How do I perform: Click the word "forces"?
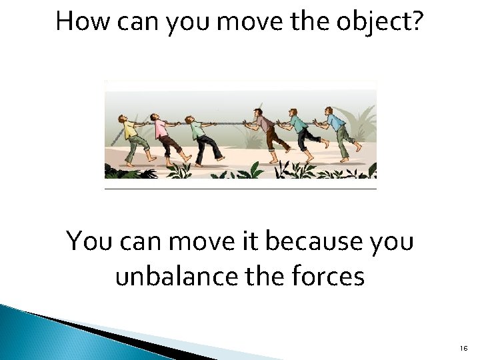(327, 275)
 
